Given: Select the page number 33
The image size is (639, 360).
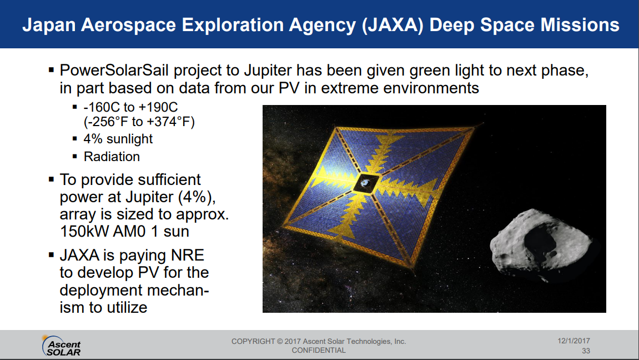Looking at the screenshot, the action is (586, 351).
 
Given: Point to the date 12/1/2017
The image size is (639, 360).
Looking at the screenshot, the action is (574, 341).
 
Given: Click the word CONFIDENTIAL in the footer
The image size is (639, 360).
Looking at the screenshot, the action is (319, 351).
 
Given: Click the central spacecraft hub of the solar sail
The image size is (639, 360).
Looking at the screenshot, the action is (365, 183).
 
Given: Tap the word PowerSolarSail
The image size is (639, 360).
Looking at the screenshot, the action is (114, 71).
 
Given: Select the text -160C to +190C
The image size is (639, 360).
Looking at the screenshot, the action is (131, 107).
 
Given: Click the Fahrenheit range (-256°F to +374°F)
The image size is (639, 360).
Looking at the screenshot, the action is (139, 122).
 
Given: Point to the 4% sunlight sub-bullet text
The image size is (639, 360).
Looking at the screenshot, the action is (118, 139).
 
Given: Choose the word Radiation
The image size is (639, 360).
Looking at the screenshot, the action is (112, 157).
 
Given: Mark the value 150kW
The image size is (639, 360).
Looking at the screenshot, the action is (84, 232).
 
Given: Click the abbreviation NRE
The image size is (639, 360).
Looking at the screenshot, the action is (188, 255).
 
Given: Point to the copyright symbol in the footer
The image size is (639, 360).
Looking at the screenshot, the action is (280, 341).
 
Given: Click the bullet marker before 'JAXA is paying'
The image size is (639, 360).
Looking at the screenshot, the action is (51, 255).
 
